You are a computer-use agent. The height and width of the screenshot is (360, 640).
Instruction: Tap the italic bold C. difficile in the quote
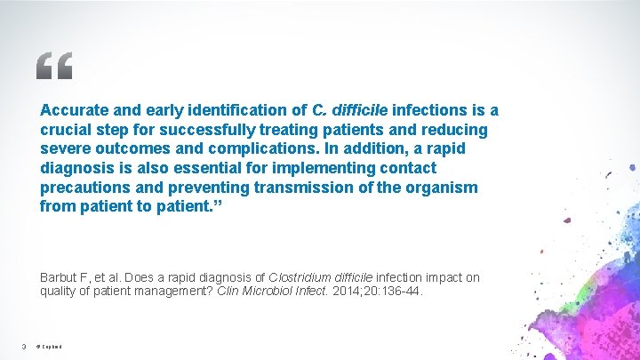350,110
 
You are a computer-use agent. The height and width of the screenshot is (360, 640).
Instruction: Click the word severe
65,148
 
